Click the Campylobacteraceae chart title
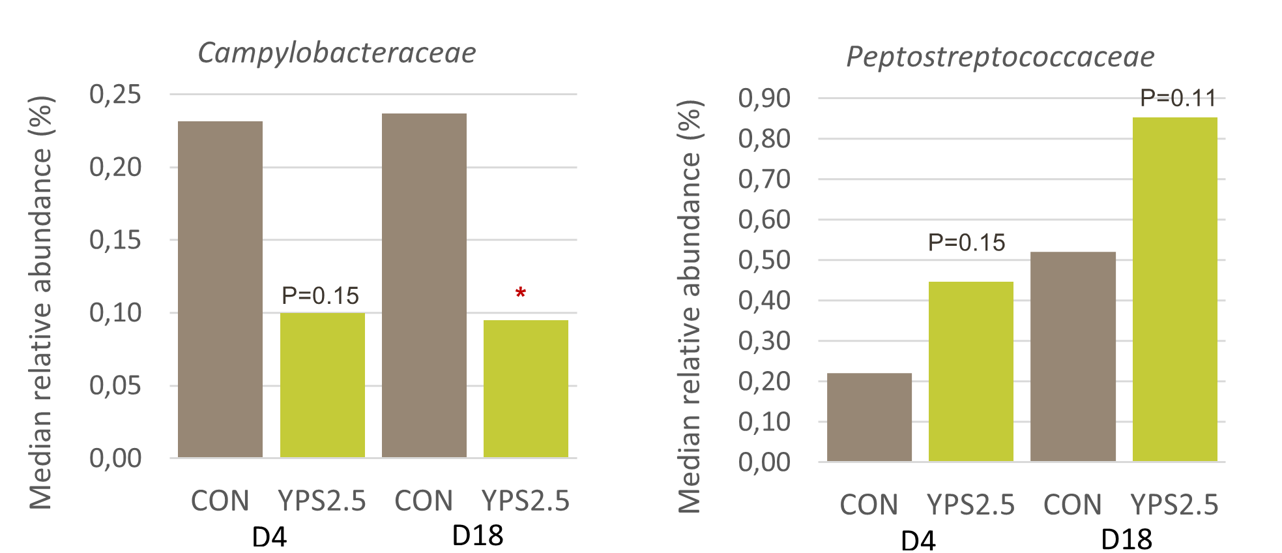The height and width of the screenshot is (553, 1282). [337, 53]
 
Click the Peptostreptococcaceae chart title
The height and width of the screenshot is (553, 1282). [1000, 57]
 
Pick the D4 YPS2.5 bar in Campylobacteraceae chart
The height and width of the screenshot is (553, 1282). [322, 385]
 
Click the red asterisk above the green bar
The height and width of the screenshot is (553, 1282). [520, 293]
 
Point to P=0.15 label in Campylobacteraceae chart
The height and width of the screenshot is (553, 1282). [320, 296]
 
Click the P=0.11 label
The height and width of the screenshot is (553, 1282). [1177, 98]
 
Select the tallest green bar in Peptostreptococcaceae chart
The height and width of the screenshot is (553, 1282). [1174, 290]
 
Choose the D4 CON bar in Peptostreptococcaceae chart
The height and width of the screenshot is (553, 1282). [869, 417]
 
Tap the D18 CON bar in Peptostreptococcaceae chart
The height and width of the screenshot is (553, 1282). [1073, 357]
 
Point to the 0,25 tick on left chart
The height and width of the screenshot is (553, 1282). [115, 95]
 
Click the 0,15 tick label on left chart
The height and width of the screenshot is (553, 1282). [115, 240]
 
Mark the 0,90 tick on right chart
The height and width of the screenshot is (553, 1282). [764, 98]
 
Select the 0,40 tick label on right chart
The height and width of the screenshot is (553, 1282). [764, 301]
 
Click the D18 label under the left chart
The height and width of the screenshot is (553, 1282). [477, 535]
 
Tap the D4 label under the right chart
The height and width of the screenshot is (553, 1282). [918, 540]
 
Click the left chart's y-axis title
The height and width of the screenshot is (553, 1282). [40, 302]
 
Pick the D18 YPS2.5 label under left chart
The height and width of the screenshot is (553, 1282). [525, 501]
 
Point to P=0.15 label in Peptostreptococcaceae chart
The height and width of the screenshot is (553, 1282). [966, 243]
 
